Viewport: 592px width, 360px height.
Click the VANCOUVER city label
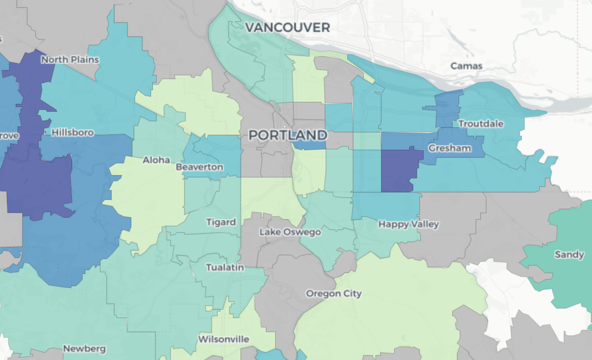click(x=287, y=28)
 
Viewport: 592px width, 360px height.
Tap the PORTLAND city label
click(x=288, y=136)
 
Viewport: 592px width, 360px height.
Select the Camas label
click(x=466, y=66)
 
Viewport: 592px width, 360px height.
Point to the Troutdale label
click(x=481, y=124)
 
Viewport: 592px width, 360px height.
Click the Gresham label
click(x=449, y=149)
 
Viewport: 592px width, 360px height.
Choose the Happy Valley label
click(x=408, y=224)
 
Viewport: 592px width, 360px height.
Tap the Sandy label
click(x=569, y=255)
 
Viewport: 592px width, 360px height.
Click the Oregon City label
click(x=333, y=294)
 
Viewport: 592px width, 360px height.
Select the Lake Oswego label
click(x=290, y=232)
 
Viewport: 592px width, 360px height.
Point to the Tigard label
click(x=221, y=223)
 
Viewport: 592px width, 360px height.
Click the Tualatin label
click(x=225, y=268)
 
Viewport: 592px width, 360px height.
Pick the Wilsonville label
click(x=224, y=340)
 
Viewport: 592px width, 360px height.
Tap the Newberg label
click(x=84, y=349)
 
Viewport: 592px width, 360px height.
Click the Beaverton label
click(x=199, y=167)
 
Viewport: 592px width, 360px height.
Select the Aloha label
click(x=156, y=160)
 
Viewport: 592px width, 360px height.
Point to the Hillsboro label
click(x=73, y=133)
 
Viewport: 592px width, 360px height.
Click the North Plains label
click(x=70, y=60)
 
